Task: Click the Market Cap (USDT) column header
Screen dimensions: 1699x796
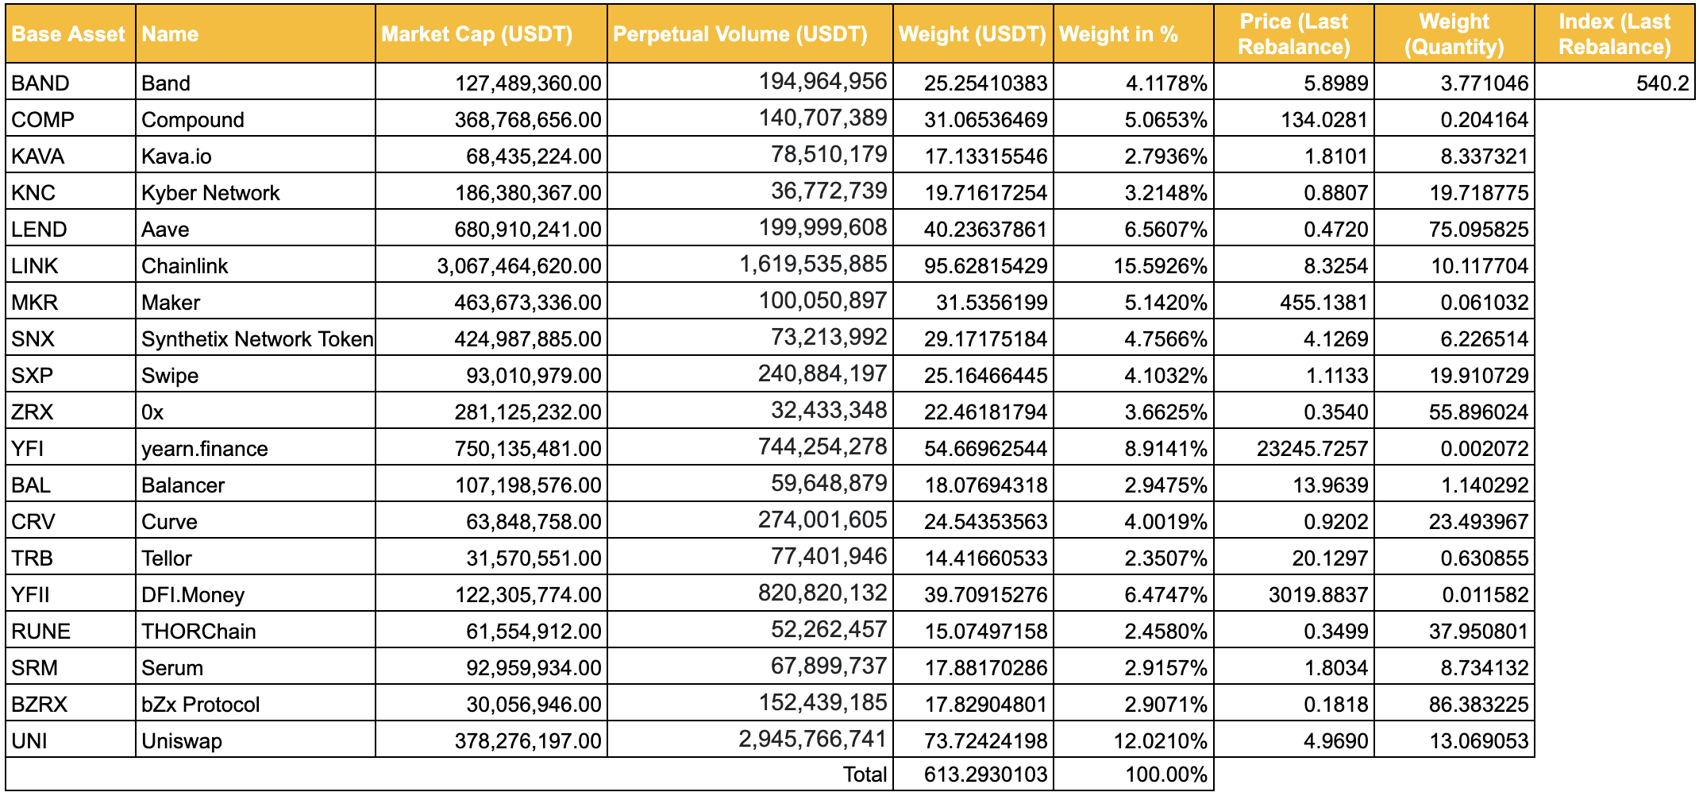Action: click(476, 34)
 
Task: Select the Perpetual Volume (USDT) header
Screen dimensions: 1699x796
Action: click(740, 34)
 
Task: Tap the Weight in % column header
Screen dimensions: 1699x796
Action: click(1118, 34)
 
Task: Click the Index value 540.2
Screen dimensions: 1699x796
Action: click(1662, 83)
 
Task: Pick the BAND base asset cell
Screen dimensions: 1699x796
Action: click(40, 83)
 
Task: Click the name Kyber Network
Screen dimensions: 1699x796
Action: click(210, 193)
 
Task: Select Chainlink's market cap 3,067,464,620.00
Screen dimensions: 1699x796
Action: click(519, 266)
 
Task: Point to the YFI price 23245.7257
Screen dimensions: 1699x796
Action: click(1312, 449)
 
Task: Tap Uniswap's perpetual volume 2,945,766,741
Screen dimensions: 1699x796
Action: click(813, 740)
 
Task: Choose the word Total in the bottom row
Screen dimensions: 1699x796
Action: click(865, 775)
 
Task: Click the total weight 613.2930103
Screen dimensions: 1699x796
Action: click(986, 775)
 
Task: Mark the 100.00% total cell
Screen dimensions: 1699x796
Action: click(1166, 775)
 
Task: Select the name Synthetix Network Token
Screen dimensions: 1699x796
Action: click(257, 339)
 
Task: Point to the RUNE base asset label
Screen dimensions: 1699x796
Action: click(40, 632)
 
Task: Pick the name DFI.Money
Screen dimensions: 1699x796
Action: click(193, 595)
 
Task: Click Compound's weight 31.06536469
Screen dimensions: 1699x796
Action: click(986, 120)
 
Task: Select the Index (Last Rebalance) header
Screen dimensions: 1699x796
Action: click(1615, 34)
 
